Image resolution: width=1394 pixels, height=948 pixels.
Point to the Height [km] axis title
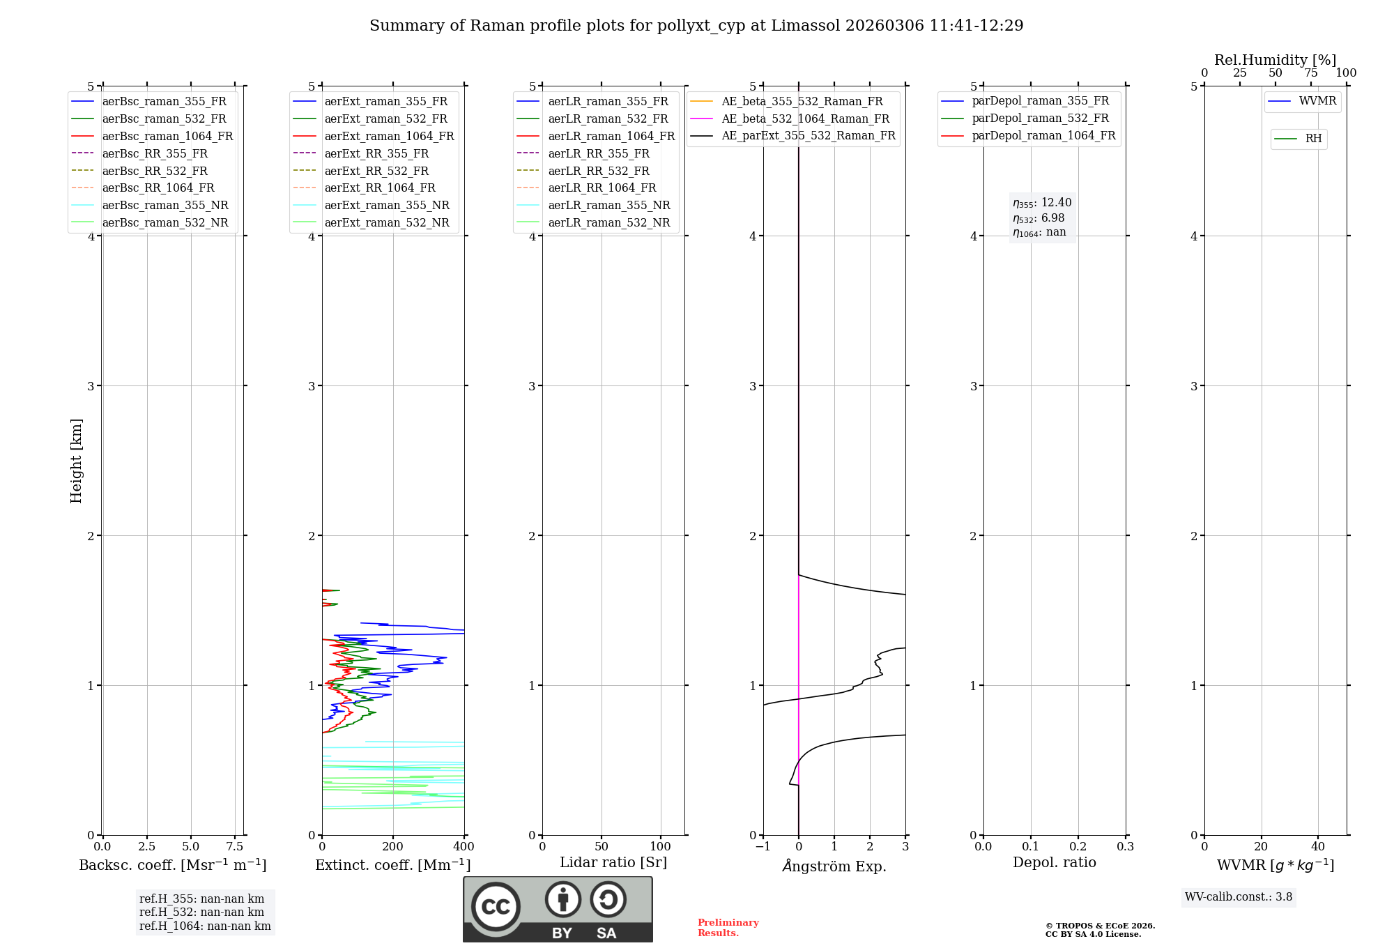click(x=76, y=461)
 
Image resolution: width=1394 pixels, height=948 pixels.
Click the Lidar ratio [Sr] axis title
click(x=613, y=862)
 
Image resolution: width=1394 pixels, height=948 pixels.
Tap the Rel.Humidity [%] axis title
click(x=1275, y=60)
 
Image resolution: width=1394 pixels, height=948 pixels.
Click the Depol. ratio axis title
click(x=1054, y=862)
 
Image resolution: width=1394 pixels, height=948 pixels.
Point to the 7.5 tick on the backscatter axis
click(x=235, y=847)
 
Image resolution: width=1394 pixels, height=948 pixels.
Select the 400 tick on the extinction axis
click(x=464, y=847)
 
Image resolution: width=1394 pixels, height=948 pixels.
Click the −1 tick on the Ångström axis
click(x=763, y=847)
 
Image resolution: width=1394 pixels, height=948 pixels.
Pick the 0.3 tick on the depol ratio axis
click(x=1125, y=847)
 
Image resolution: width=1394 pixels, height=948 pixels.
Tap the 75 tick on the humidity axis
click(x=1310, y=73)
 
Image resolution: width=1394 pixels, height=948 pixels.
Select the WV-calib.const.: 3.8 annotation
click(x=1238, y=897)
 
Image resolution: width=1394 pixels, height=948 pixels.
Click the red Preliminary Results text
click(x=728, y=928)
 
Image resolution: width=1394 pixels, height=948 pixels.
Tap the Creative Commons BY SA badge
click(x=558, y=909)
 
